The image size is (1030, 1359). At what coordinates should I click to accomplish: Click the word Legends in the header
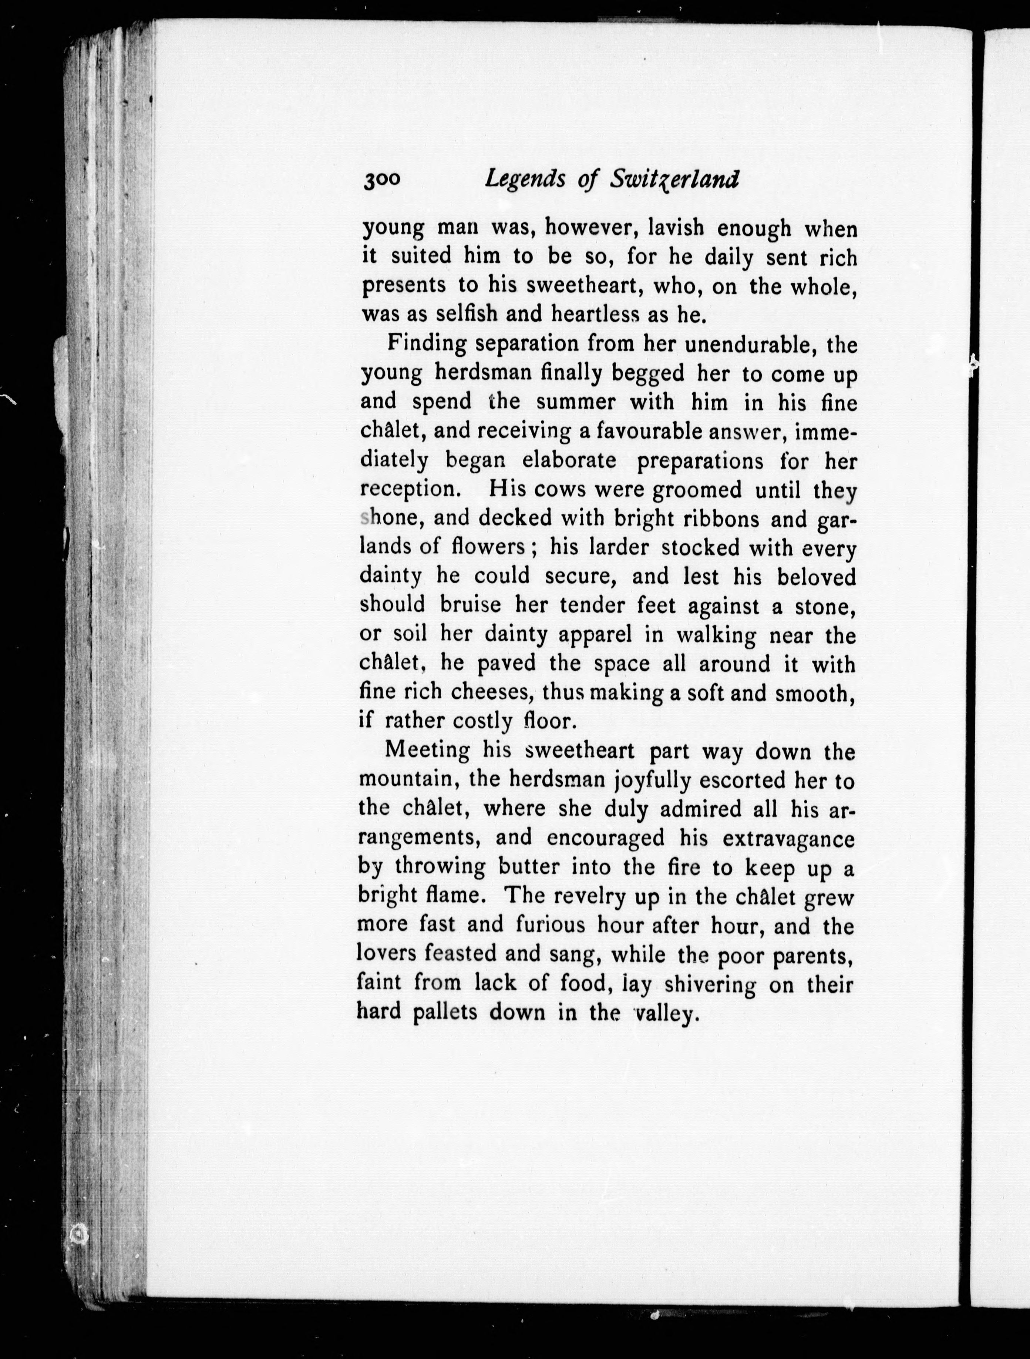pyautogui.click(x=525, y=180)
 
